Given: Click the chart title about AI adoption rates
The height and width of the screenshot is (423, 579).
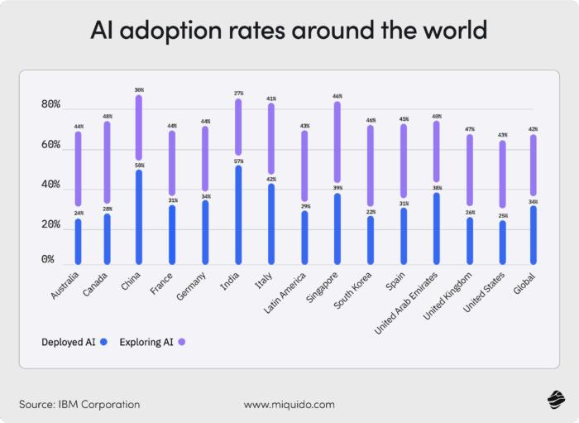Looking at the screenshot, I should pyautogui.click(x=289, y=31).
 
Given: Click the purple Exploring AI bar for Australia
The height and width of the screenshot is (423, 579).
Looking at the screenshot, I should pyautogui.click(x=79, y=169).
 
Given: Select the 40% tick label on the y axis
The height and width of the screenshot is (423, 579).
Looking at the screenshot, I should pyautogui.click(x=50, y=185).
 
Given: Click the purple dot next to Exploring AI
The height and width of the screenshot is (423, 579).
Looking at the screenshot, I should pyautogui.click(x=180, y=341).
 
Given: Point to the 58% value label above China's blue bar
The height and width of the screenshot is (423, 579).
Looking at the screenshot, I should pyautogui.click(x=139, y=166).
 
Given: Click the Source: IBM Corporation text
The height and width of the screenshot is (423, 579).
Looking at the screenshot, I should pyautogui.click(x=79, y=405).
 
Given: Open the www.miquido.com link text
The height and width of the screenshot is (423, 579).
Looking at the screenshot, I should pyautogui.click(x=289, y=405).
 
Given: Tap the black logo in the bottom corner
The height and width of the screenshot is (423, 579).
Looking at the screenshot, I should pyautogui.click(x=554, y=401).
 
